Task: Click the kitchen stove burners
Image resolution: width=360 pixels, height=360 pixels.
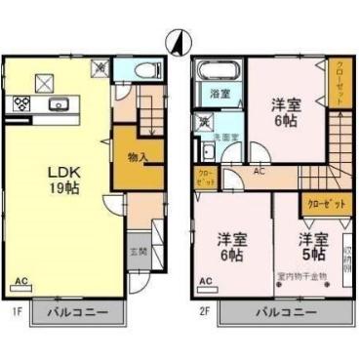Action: tap(20, 102)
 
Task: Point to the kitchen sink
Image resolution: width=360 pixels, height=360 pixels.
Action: tap(57, 103)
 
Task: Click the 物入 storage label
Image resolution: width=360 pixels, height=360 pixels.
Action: tap(137, 156)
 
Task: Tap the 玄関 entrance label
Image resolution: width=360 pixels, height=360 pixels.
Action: tap(139, 251)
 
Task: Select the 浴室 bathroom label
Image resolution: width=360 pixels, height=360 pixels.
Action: tap(220, 94)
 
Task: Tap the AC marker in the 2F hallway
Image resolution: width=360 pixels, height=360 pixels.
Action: tap(259, 172)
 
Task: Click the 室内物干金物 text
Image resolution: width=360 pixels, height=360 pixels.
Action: tap(301, 276)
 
